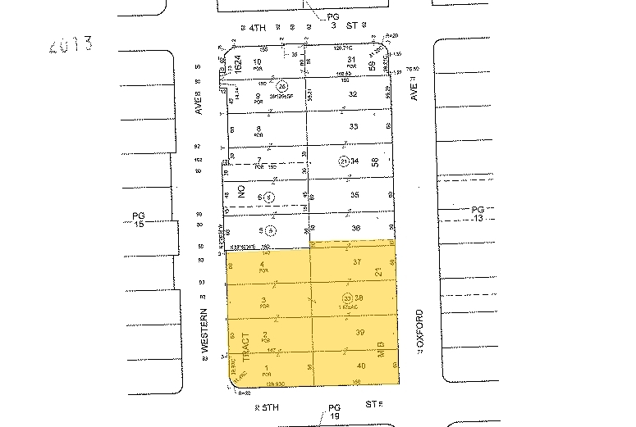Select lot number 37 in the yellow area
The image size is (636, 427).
[357, 262]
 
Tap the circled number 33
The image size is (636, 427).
[347, 298]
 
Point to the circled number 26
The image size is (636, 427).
[282, 85]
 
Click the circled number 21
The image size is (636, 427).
[345, 161]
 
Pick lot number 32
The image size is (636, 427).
[353, 94]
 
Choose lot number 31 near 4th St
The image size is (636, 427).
[350, 60]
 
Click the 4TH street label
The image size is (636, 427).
[255, 28]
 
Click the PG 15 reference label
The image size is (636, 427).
[138, 222]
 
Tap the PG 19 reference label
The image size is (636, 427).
[333, 412]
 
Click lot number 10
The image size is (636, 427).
[258, 61]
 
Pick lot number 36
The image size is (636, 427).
[355, 228]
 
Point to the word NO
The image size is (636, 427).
[242, 193]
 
